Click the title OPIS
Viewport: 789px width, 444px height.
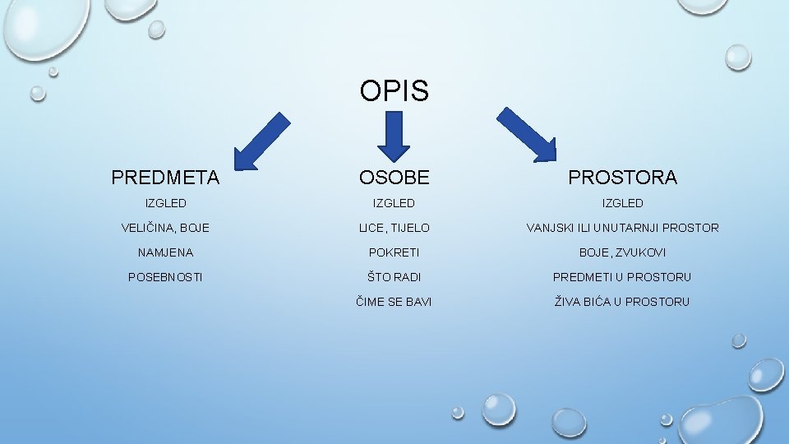pos(394,90)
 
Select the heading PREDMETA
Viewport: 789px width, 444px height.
pos(165,177)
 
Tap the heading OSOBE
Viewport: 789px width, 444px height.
pos(394,177)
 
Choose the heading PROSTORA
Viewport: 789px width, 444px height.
pos(622,177)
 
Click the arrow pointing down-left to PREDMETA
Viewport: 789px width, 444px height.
pos(261,141)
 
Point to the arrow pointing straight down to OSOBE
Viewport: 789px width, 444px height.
pos(394,135)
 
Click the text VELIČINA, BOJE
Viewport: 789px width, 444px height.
pos(165,228)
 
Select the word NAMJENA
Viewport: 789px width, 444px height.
pos(165,252)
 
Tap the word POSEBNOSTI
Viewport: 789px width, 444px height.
pos(165,277)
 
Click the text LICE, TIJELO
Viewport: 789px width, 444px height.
pos(394,228)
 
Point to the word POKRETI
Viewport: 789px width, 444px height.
pos(394,252)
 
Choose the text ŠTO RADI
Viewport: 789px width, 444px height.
pos(394,277)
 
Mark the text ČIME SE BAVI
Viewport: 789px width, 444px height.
pos(394,302)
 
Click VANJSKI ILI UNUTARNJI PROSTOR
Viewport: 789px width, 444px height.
pos(622,228)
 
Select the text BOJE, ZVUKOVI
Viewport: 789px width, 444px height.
pos(622,252)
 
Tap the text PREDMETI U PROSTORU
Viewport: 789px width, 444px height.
pos(622,277)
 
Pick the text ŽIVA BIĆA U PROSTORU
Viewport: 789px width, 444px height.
pos(622,302)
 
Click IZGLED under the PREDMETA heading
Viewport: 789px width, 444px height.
pos(165,203)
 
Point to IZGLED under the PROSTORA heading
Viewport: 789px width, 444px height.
pos(622,203)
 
